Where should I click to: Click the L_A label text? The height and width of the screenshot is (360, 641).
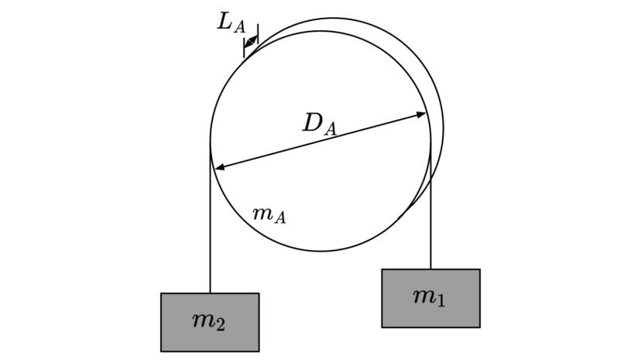(231, 22)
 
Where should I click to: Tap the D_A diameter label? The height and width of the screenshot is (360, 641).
(320, 124)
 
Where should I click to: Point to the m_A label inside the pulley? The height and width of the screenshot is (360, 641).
(269, 214)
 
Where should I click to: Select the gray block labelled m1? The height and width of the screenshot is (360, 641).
(431, 298)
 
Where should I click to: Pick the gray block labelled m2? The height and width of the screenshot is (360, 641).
(210, 322)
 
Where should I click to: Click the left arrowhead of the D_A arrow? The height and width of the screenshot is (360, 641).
(220, 166)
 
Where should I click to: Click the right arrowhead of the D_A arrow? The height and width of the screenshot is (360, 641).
(421, 115)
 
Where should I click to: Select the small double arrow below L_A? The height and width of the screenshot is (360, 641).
(251, 41)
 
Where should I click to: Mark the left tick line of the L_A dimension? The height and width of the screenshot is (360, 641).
(244, 48)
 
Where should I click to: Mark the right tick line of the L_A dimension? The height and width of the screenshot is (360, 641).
(258, 34)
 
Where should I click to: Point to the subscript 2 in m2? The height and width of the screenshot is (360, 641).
(220, 325)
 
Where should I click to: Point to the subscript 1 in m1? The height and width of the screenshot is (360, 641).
(440, 300)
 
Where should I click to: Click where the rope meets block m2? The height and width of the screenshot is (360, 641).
(210, 293)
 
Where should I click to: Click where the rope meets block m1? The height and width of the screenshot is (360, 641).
(430, 269)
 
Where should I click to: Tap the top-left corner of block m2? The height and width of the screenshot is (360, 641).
(161, 293)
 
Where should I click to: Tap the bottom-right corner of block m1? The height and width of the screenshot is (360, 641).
(480, 327)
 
